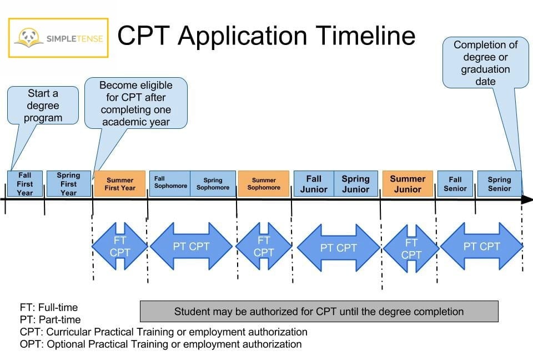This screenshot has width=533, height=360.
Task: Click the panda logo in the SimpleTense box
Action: [29, 37]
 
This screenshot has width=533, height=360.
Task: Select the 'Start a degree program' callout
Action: [43, 105]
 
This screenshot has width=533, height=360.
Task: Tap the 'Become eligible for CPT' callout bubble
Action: [136, 103]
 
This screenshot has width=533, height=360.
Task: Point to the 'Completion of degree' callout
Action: [485, 63]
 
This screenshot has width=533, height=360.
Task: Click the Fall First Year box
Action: [25, 184]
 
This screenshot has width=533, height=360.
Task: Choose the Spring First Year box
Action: [69, 184]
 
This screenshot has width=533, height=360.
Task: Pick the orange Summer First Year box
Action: [120, 184]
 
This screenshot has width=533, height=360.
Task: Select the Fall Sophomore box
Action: [170, 183]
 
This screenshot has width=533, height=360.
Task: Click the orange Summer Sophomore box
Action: [264, 184]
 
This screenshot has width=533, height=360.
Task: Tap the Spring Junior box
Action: [356, 184]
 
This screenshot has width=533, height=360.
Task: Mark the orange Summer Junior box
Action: [408, 184]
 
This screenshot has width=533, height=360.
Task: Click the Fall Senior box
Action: [455, 184]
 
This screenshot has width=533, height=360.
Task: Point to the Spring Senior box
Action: [499, 184]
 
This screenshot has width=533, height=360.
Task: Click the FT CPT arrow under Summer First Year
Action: [120, 246]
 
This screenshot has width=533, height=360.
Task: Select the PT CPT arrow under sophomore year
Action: [191, 246]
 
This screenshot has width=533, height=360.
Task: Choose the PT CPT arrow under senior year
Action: [482, 246]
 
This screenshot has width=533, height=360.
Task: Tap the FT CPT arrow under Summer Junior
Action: [411, 248]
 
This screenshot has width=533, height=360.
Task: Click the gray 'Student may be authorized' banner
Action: [319, 311]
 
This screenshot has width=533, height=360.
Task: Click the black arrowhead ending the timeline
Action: [527, 199]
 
